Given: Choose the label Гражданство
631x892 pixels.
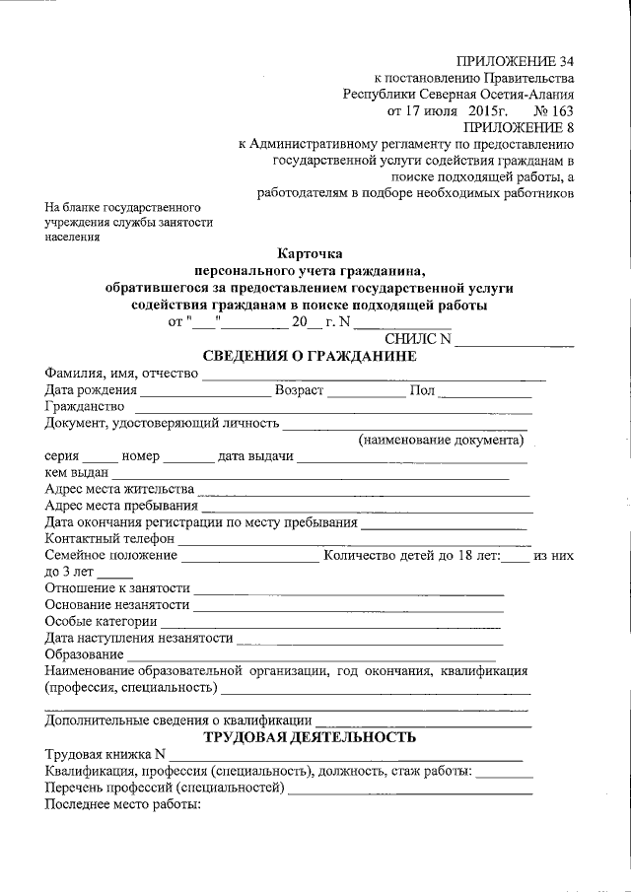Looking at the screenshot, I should click(85, 407).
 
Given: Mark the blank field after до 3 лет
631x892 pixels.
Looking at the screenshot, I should click(115, 576).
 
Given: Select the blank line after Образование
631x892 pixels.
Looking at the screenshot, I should click(311, 657).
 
